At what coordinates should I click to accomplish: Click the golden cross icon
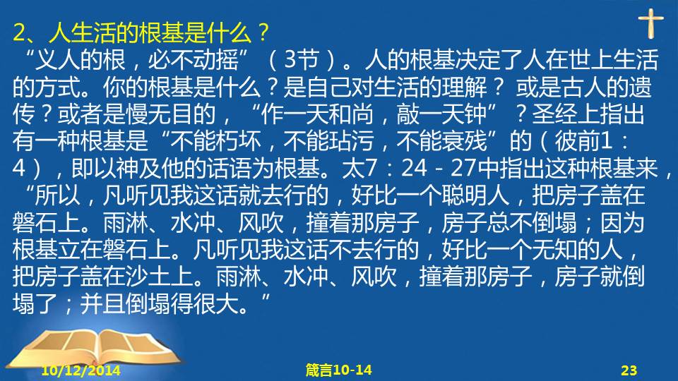(650, 23)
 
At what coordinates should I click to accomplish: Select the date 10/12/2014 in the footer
(81, 370)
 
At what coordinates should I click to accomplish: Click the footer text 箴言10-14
(338, 370)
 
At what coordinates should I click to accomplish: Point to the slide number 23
(629, 370)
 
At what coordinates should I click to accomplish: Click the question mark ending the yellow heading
(263, 32)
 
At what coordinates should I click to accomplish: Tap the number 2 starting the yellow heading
(19, 32)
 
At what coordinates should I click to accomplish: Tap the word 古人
(583, 87)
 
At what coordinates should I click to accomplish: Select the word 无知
(554, 249)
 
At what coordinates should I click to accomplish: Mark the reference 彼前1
(584, 141)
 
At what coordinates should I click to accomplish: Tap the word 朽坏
(238, 141)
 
